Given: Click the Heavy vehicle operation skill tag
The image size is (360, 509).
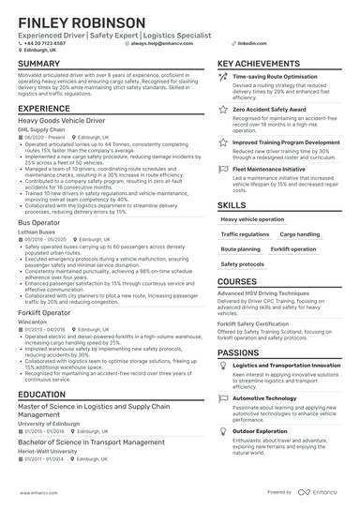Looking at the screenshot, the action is click(250, 219).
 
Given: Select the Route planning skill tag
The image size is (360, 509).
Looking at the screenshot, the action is click(241, 250).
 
